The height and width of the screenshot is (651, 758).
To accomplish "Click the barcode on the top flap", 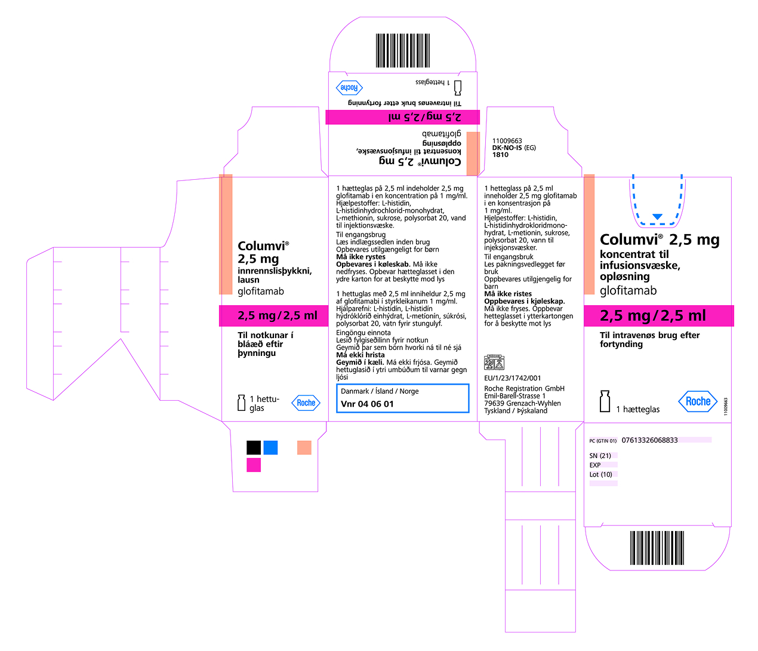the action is pos(403,51).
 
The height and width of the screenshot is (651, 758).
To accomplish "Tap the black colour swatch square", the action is pos(254,448).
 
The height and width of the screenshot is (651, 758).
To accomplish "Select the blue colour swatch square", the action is pos(270,448).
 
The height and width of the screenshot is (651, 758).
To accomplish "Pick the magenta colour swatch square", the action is pos(254,465).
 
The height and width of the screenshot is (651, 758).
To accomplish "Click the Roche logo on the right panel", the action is pos(698,401).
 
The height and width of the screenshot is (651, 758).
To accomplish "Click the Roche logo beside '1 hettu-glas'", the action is pos(306,403).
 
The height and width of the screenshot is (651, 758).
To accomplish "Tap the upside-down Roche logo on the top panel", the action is pos(349,88).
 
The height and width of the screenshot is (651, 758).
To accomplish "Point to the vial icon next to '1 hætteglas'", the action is pos(605,401).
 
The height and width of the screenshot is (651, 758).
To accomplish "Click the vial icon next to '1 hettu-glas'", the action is pos(242,403).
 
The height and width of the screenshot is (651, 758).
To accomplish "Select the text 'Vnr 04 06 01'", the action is pos(367,404).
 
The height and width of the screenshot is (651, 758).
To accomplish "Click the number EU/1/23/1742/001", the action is pos(513,378).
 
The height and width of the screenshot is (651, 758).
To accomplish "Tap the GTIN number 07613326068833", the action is pos(649,440).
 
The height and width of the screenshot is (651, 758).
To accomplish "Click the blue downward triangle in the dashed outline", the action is pos(657,217).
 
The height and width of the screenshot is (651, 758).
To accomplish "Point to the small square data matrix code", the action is pos(494,363).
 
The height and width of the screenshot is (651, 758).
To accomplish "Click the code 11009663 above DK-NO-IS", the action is pos(507,141).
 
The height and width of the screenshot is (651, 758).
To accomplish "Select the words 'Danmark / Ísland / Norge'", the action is pos(380,391).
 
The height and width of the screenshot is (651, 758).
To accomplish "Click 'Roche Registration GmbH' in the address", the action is pos(524,388).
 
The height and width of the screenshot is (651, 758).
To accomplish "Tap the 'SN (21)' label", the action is pos(600,456).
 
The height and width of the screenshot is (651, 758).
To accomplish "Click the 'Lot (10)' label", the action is pos(600,475).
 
